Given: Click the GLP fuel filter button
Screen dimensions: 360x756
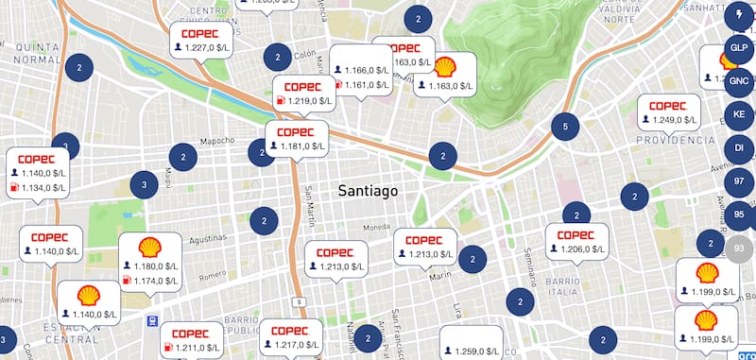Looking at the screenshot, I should (x=738, y=47).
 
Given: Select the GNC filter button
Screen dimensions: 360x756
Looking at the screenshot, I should (x=738, y=81).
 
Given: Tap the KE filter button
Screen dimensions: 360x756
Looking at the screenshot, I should (x=738, y=115).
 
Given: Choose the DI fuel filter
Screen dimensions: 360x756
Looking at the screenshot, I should (x=738, y=148).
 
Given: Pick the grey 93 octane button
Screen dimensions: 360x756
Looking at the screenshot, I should (x=740, y=248).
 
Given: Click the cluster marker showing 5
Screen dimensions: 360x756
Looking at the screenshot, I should (x=564, y=127).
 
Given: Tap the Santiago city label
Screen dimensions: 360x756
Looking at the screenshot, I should (x=368, y=191).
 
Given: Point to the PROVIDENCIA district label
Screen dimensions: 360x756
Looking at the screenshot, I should (x=676, y=140).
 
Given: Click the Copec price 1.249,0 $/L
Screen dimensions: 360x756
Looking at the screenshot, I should (x=673, y=121).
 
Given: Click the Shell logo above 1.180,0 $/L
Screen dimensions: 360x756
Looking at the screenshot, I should (x=149, y=248).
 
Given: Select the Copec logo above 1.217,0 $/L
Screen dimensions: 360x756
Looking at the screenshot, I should (x=291, y=331).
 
